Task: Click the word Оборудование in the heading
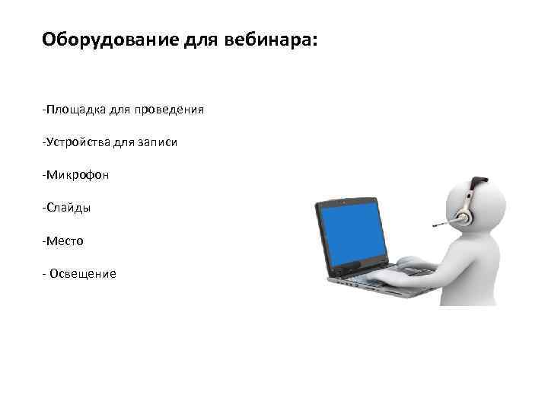pyautogui.click(x=110, y=39)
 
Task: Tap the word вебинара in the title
pyautogui.click(x=267, y=39)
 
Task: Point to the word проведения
pyautogui.click(x=169, y=110)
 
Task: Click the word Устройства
pyautogui.click(x=78, y=142)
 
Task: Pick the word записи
pyautogui.click(x=157, y=142)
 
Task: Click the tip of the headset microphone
pyautogui.click(x=435, y=225)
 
